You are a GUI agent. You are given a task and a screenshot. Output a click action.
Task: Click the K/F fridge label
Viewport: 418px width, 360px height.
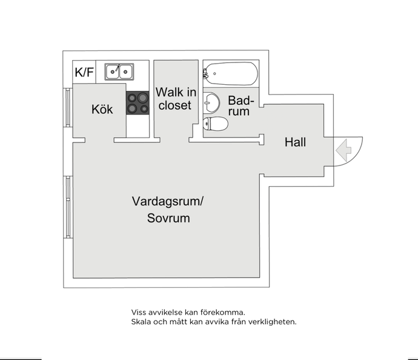(x=84, y=72)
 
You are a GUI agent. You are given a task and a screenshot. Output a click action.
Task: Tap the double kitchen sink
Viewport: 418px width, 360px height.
(x=119, y=72)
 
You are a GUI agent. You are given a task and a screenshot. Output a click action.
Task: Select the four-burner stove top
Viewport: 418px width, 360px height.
(x=138, y=103)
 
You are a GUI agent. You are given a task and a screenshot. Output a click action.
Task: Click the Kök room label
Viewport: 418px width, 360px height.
(x=102, y=109)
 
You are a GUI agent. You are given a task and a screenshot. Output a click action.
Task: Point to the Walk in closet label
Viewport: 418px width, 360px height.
(x=176, y=98)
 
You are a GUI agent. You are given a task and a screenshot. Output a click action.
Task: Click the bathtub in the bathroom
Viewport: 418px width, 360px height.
(x=231, y=73)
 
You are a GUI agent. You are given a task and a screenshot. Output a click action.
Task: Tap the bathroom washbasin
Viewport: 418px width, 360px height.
(x=211, y=102)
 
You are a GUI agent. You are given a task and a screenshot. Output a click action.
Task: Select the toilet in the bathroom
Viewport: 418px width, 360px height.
(x=216, y=124)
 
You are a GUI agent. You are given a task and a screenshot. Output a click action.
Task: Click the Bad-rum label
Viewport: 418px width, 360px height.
(x=241, y=105)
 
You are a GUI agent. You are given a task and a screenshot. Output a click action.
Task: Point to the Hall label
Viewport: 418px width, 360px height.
(x=295, y=142)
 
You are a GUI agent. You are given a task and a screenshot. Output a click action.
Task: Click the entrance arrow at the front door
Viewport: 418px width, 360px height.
(x=343, y=150)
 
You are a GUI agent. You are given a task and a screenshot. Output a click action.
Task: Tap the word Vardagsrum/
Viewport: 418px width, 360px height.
(x=167, y=201)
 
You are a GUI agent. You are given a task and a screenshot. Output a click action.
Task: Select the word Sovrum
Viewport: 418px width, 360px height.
(x=168, y=218)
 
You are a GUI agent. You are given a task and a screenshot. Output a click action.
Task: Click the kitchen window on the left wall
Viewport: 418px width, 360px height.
(x=68, y=107)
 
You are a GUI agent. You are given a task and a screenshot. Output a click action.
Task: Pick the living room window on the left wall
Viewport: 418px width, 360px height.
(x=68, y=207)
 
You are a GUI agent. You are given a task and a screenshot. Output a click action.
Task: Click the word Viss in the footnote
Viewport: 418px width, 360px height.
(x=138, y=312)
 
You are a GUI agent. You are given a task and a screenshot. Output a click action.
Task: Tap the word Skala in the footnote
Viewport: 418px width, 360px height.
(x=140, y=322)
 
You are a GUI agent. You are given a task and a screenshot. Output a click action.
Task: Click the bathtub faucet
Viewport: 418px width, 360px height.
(x=205, y=73)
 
